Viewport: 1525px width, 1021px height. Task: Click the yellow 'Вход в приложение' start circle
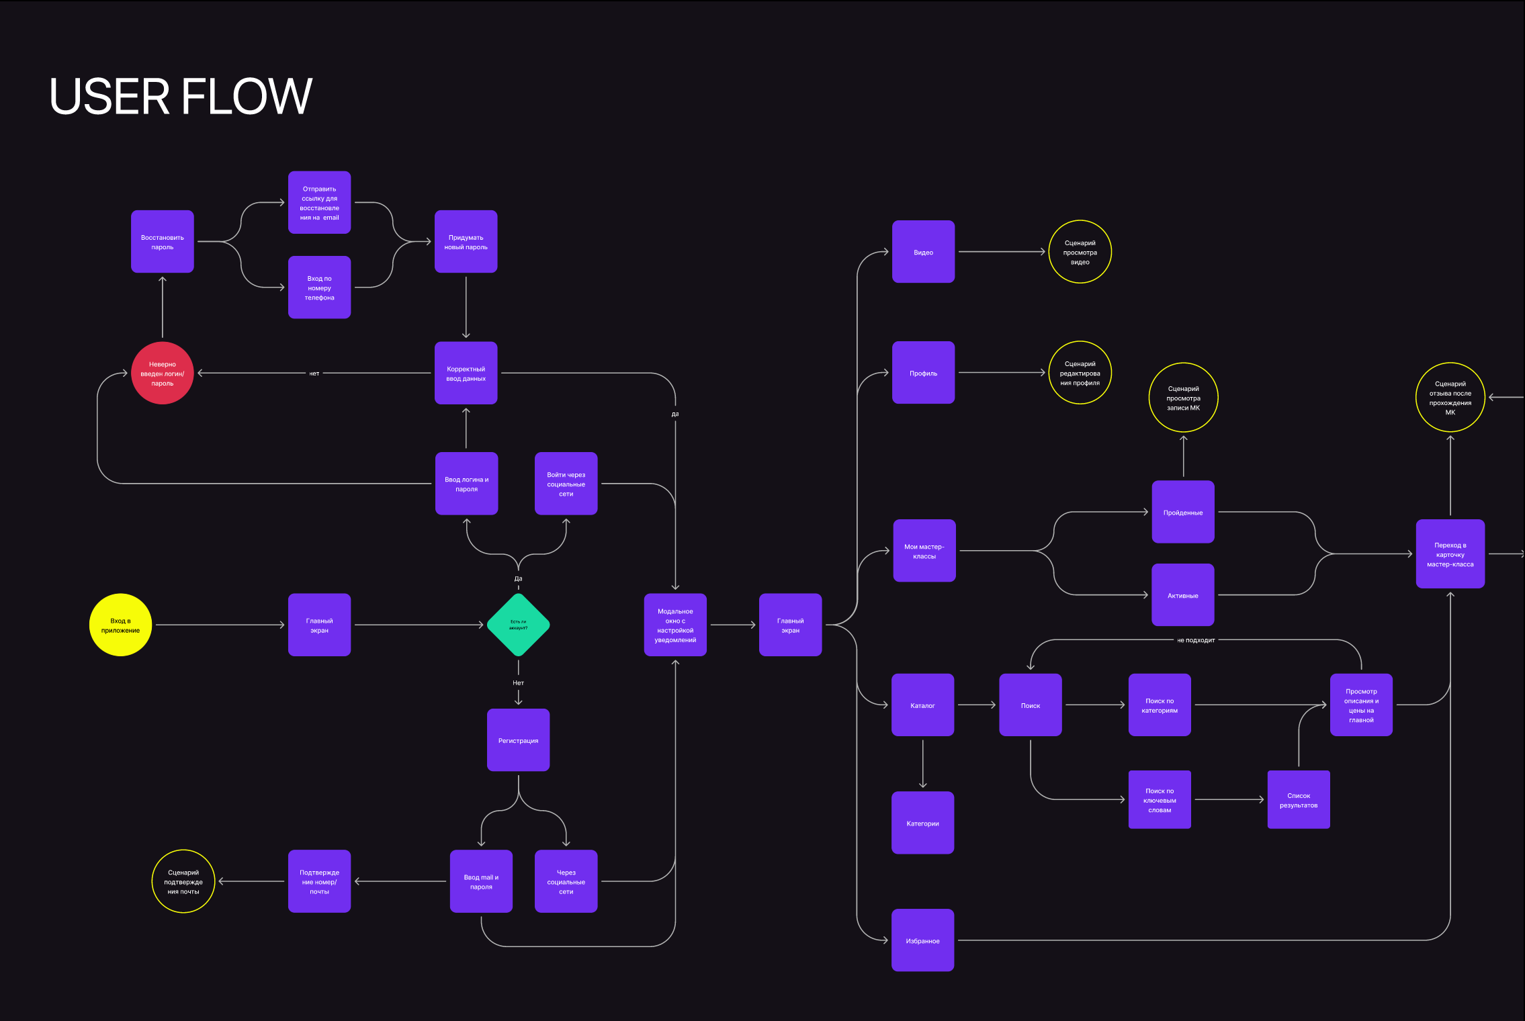[120, 625]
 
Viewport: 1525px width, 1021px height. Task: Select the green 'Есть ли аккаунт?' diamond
[518, 625]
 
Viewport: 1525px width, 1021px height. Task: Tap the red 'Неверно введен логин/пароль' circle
[162, 373]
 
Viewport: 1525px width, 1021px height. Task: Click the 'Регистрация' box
[518, 740]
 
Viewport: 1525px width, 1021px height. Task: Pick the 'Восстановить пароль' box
[162, 242]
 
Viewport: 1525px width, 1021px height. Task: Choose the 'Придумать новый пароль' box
[466, 242]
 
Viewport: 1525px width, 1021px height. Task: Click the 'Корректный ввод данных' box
[466, 373]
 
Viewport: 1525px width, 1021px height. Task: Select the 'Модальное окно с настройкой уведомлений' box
[675, 625]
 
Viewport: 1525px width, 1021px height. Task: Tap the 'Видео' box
[923, 252]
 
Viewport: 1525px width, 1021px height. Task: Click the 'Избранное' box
[922, 940]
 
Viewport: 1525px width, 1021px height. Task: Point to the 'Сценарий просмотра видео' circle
[1080, 252]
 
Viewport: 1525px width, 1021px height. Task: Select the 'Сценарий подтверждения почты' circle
[183, 881]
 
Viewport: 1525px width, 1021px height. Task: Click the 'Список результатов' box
[1298, 800]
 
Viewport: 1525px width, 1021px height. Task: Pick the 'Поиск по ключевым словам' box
[1160, 800]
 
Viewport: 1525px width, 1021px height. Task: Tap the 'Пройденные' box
[1182, 512]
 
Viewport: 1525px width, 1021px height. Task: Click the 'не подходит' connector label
[1196, 640]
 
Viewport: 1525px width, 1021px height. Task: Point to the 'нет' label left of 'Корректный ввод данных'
[314, 373]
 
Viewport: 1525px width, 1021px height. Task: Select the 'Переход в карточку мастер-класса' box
[1450, 554]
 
